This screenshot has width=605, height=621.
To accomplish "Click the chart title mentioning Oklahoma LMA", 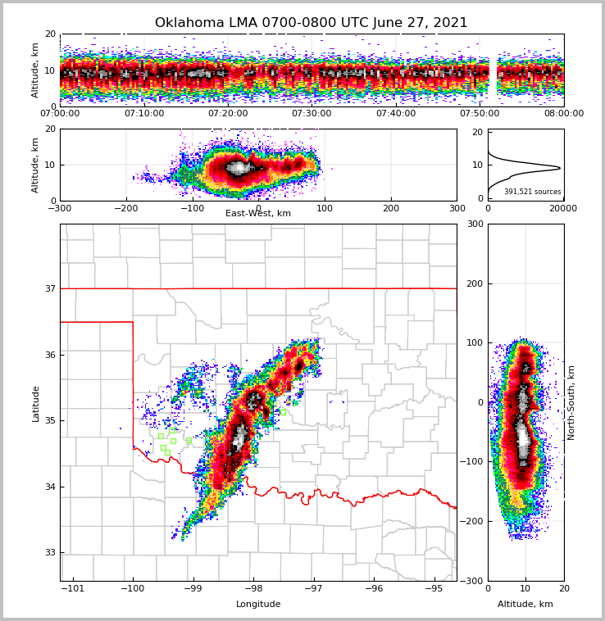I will coord(311,23).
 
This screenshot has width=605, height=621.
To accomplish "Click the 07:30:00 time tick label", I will coord(312,114).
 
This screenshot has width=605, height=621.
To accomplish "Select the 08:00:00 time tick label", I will coord(563,114).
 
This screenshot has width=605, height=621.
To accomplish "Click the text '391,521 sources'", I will coord(532,192).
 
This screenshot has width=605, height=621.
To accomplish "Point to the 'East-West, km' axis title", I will coord(258,214).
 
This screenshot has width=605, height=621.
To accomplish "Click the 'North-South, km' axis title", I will coord(571,402).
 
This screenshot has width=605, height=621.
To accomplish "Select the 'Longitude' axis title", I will coord(258,605).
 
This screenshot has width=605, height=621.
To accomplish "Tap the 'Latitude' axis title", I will coord(36,403).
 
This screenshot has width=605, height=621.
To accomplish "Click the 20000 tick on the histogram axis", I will coord(562,208).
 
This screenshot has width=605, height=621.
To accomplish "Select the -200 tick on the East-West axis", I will coord(126,208).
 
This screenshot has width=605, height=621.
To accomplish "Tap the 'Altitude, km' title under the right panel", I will coord(525,605).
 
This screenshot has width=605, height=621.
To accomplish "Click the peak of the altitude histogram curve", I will coord(559,168).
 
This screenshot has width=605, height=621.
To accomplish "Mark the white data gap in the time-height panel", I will coord(494,70).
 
